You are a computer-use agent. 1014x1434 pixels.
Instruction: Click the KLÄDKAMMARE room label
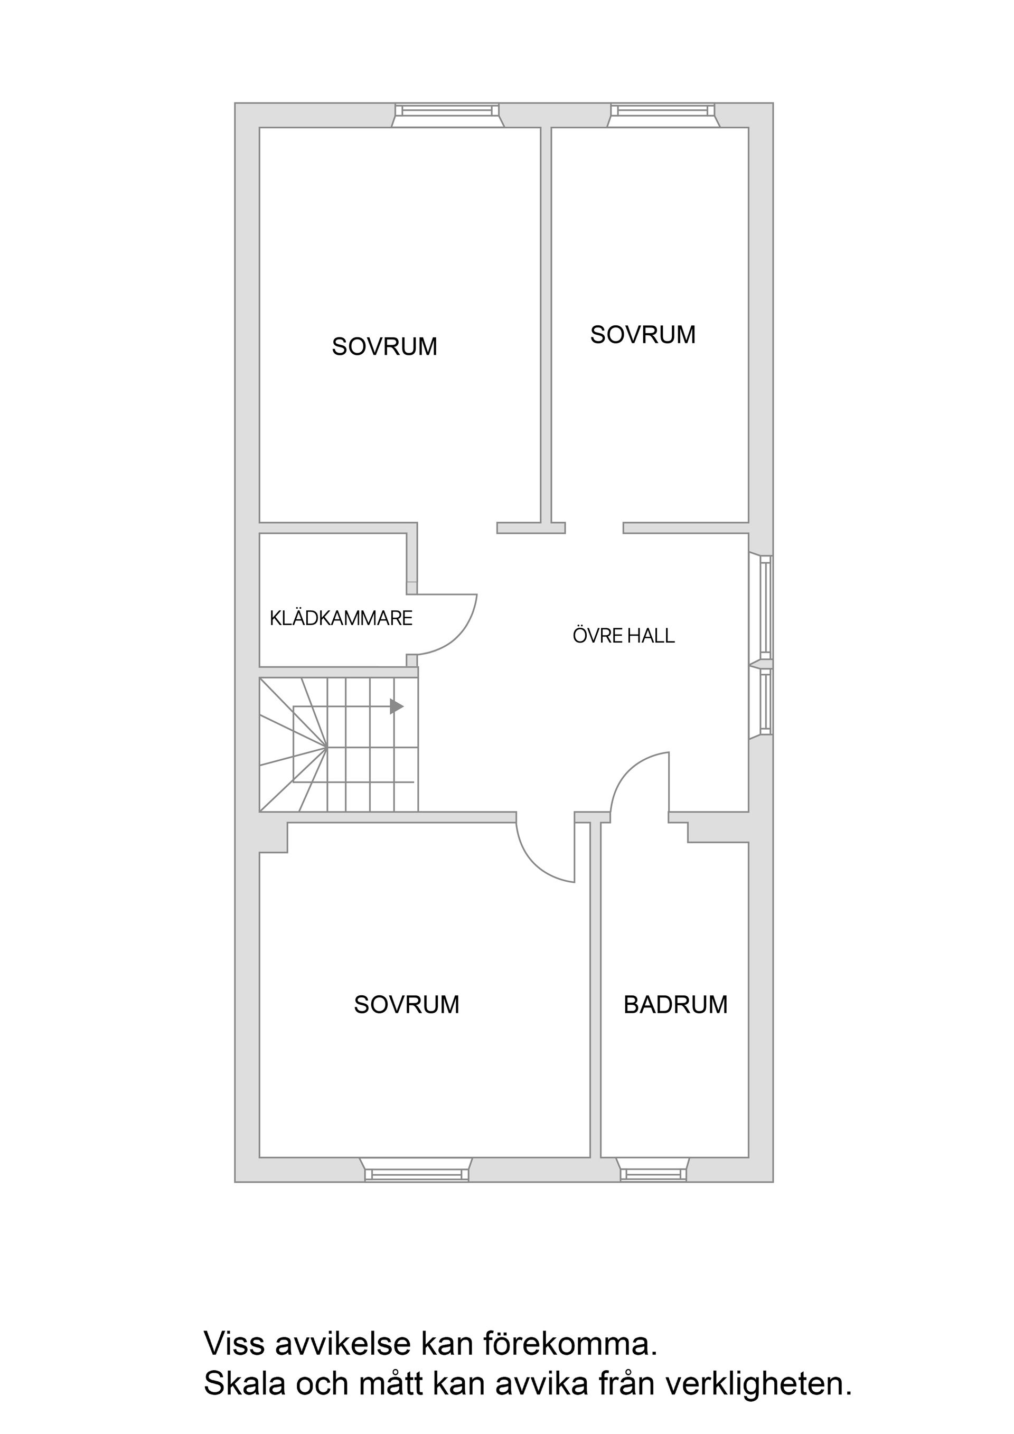click(x=341, y=618)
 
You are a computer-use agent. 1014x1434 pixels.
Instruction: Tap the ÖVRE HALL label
click(x=624, y=636)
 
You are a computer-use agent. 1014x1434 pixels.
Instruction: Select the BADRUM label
click(x=675, y=1004)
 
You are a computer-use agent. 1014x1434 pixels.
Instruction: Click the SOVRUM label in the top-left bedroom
click(x=384, y=347)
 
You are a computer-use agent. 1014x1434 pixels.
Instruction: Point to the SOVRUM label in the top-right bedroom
click(x=642, y=335)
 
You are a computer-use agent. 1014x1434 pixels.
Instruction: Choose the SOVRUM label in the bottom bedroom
click(x=406, y=1004)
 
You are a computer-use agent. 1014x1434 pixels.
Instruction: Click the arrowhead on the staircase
click(x=396, y=706)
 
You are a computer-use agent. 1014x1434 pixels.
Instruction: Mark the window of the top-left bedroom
click(x=447, y=112)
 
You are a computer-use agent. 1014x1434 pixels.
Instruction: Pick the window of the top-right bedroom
click(x=663, y=112)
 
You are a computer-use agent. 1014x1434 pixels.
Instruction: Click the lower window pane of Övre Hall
click(x=765, y=701)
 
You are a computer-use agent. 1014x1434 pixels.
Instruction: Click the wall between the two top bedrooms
click(x=546, y=325)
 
